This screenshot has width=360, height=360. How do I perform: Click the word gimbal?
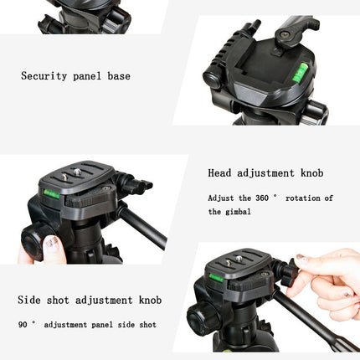(240, 212)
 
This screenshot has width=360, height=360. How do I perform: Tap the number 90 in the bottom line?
(23, 324)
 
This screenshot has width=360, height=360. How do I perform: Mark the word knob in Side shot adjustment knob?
(147, 299)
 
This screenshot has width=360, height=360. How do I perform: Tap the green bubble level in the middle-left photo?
(53, 193)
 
